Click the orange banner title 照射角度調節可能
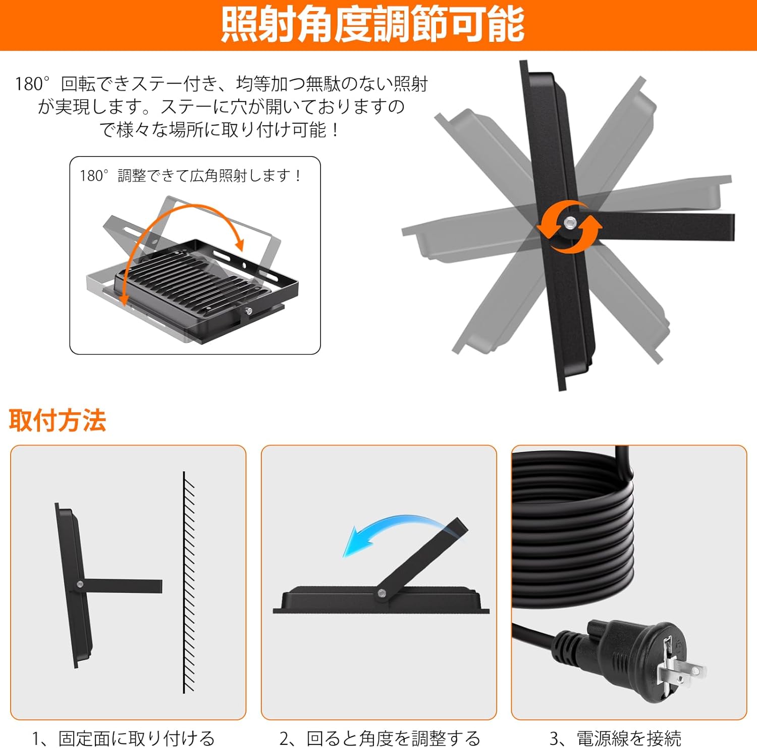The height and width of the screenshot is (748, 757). click(x=373, y=25)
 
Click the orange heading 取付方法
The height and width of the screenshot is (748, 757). click(x=58, y=420)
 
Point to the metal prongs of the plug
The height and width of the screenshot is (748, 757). click(x=679, y=669)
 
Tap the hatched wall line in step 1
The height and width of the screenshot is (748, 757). click(x=188, y=581)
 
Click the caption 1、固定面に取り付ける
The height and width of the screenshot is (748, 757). click(x=124, y=738)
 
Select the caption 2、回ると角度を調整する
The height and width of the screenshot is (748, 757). click(x=380, y=738)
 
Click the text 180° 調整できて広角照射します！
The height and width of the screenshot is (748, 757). click(x=191, y=176)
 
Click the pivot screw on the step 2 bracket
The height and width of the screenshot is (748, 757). click(x=382, y=593)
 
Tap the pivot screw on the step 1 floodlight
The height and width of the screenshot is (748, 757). click(x=80, y=584)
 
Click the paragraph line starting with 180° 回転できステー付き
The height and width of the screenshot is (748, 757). click(x=221, y=84)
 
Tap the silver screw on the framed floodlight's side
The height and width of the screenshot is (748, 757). click(x=248, y=312)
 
